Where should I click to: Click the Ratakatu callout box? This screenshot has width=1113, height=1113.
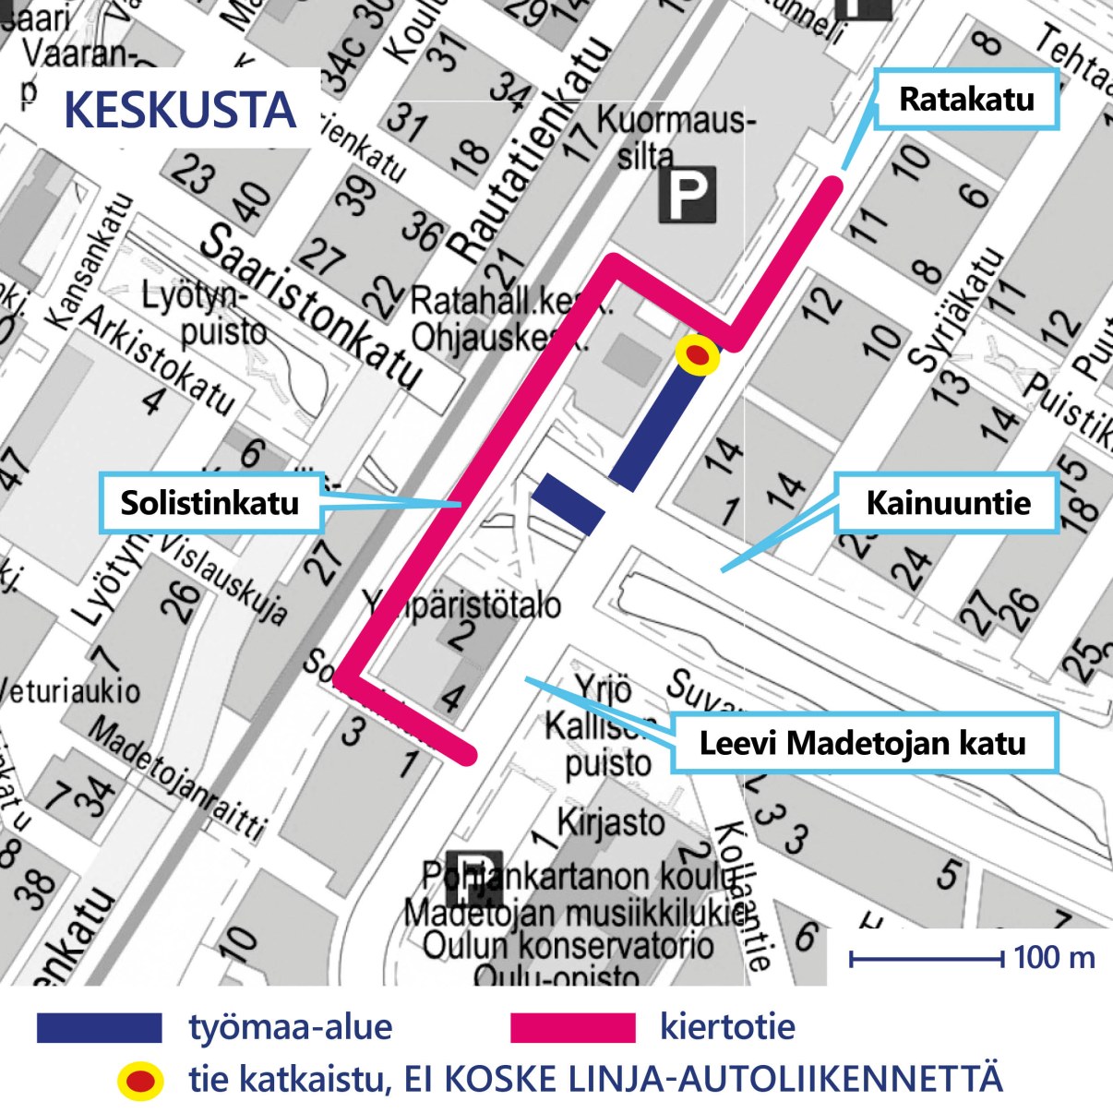(966, 99)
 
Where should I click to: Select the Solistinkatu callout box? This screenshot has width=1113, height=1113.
(210, 503)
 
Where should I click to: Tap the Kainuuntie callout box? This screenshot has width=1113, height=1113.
(947, 503)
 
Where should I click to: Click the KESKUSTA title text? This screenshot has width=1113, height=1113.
(180, 110)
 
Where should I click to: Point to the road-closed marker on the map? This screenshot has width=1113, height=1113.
(698, 355)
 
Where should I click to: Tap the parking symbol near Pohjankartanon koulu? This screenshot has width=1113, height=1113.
(473, 877)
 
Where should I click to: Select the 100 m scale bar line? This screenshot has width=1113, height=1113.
(926, 960)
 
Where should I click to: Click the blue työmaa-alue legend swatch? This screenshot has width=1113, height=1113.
(99, 1027)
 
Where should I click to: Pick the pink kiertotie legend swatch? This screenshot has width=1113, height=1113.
(572, 1027)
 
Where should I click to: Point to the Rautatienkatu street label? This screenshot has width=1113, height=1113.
(531, 152)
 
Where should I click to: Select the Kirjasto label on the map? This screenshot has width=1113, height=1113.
(611, 820)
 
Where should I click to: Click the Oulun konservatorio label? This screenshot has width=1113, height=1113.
(568, 945)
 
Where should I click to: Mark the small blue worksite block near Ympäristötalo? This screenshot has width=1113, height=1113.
(569, 504)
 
